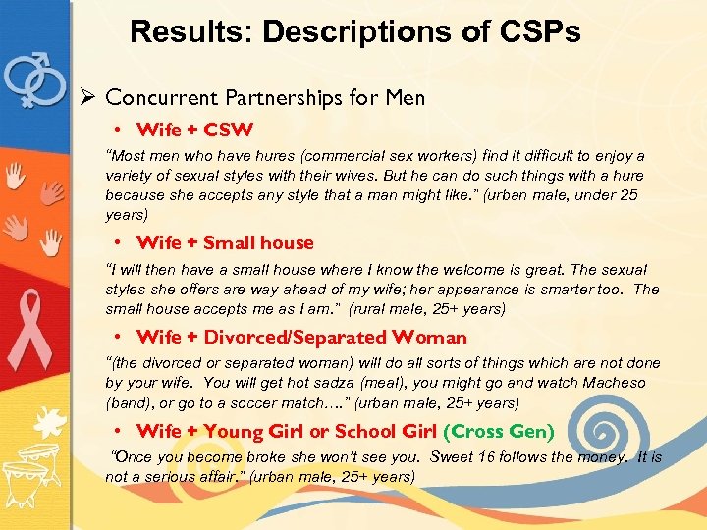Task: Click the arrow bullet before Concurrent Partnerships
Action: [x=87, y=97]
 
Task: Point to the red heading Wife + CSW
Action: [x=195, y=129]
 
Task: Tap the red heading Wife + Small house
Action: [x=225, y=242]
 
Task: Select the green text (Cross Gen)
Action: [x=499, y=431]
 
